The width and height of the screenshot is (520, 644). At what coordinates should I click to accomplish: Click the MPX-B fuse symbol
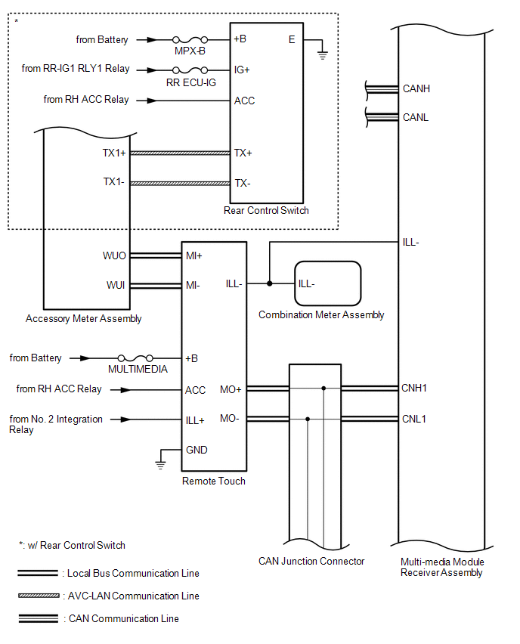[x=190, y=40]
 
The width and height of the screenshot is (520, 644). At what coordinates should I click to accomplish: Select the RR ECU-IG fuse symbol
[x=190, y=70]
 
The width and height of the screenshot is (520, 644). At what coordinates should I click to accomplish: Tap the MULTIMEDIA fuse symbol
[x=135, y=358]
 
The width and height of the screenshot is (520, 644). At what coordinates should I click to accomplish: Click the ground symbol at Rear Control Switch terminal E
[x=323, y=54]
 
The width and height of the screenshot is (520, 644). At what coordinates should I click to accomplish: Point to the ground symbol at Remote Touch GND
[x=160, y=465]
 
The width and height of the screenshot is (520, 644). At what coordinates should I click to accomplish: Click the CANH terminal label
[x=416, y=88]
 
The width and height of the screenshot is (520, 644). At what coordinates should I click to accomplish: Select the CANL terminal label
[x=415, y=117]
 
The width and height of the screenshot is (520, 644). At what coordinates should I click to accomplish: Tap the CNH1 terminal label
[x=414, y=388]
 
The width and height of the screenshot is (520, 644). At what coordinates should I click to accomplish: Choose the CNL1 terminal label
[x=413, y=419]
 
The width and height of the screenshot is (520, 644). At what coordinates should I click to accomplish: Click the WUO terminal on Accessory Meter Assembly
[x=114, y=256]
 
